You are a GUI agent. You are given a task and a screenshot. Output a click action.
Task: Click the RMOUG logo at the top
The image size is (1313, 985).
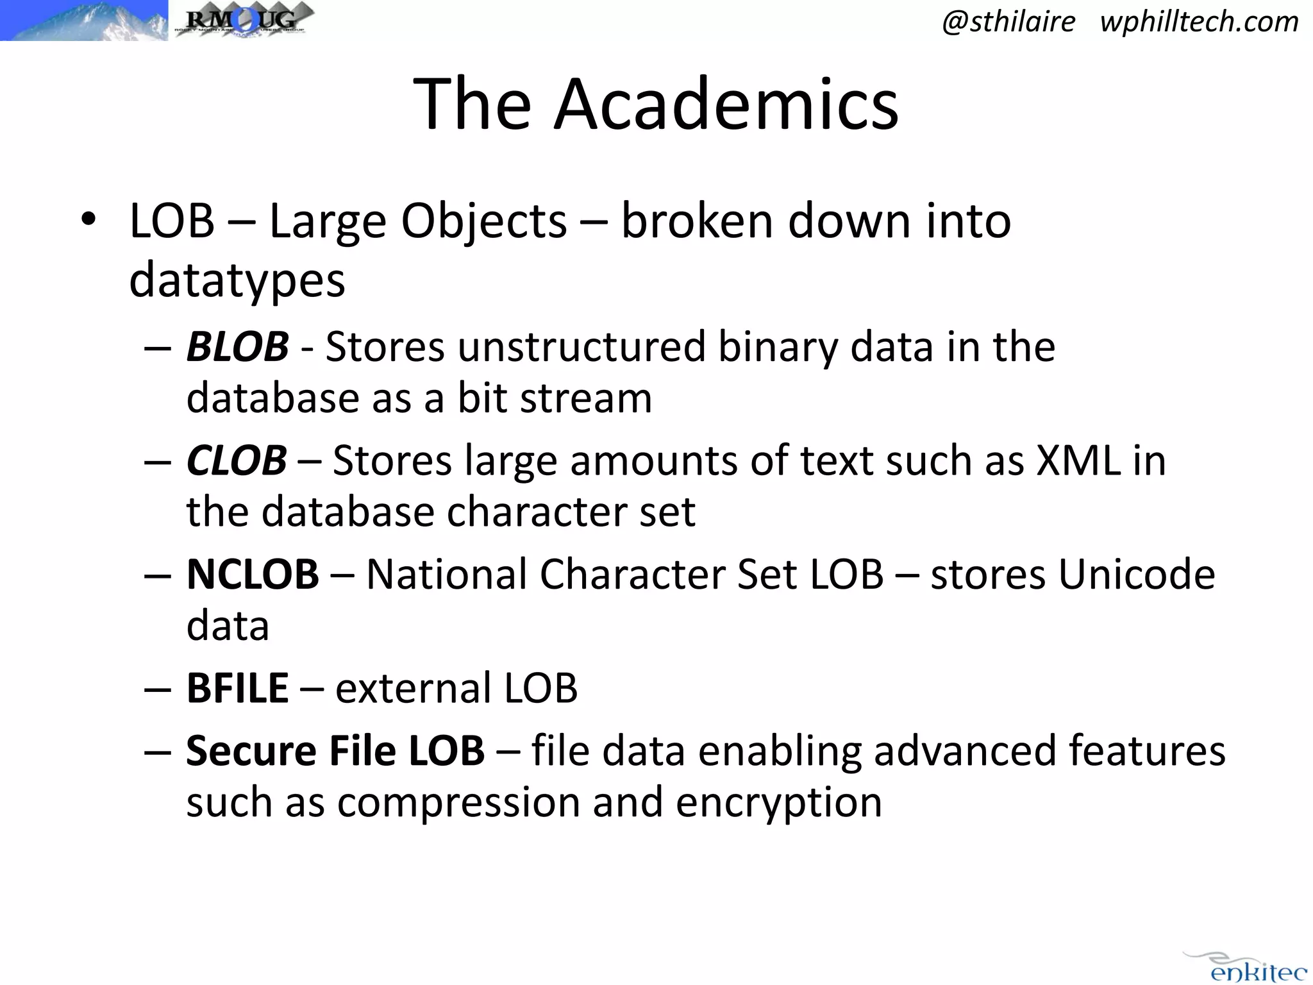click(x=244, y=21)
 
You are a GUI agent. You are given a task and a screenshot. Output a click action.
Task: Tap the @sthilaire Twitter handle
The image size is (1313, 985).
click(x=1008, y=22)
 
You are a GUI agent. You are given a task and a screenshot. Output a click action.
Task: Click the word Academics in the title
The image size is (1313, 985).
click(x=726, y=104)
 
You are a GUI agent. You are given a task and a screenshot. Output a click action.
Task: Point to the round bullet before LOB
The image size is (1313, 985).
click(x=88, y=220)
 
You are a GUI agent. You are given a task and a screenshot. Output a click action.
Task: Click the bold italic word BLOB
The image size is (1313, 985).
click(x=237, y=347)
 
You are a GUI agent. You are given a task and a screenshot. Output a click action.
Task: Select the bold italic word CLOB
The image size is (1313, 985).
click(x=237, y=460)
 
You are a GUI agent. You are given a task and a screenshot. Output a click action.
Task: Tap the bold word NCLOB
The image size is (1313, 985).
click(x=253, y=574)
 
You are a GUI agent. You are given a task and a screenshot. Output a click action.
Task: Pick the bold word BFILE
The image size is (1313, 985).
click(x=237, y=688)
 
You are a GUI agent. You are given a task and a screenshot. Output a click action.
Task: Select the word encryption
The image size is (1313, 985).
click(x=778, y=802)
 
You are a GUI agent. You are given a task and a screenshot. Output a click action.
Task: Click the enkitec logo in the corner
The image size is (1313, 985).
click(x=1249, y=968)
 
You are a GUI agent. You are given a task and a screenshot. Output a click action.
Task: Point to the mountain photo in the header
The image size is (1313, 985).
click(x=83, y=21)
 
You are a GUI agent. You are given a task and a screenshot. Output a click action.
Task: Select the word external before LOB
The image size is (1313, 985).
click(x=413, y=688)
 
